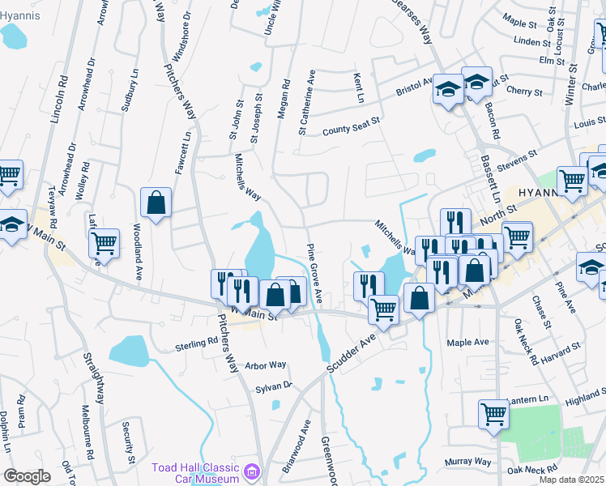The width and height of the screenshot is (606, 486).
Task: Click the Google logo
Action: click(x=27, y=476)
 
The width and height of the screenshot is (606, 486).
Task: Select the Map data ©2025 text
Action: click(x=571, y=480)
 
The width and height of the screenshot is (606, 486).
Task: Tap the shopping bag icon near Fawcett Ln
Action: click(x=156, y=203)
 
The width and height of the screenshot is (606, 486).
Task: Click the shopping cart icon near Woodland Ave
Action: click(x=105, y=243)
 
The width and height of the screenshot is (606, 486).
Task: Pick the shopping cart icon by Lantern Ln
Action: click(x=493, y=415)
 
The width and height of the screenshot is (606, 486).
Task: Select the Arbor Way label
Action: click(x=266, y=365)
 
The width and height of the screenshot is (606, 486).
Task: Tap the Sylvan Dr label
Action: click(x=273, y=386)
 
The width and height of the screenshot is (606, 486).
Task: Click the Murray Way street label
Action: click(x=468, y=462)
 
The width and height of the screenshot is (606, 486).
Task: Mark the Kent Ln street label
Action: click(x=358, y=87)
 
